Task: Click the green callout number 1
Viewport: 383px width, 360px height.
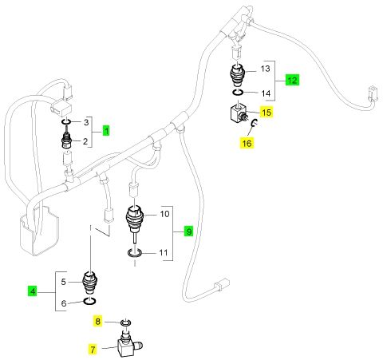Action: (x=106, y=131)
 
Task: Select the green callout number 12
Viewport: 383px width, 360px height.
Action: (x=292, y=80)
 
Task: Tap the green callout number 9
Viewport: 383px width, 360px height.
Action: (x=188, y=231)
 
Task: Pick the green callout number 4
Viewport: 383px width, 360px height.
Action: (x=33, y=291)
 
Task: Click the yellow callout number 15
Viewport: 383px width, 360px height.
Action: (x=267, y=112)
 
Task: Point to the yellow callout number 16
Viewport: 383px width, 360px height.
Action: (x=247, y=143)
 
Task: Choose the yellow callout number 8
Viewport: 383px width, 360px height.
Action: (x=97, y=322)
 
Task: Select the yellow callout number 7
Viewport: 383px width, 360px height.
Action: (x=93, y=350)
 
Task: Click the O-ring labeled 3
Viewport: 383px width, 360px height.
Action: (x=66, y=122)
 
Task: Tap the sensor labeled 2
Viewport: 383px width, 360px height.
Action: (x=66, y=140)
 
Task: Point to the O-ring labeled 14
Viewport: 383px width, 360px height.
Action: (x=237, y=93)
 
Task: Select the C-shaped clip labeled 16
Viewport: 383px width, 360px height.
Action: (x=254, y=123)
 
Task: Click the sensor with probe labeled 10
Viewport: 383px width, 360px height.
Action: (x=135, y=220)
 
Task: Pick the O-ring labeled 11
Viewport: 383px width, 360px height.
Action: (x=135, y=253)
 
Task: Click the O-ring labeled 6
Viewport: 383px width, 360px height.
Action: (x=89, y=301)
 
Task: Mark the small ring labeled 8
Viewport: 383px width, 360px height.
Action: (x=125, y=323)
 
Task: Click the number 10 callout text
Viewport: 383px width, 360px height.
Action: (x=164, y=214)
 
